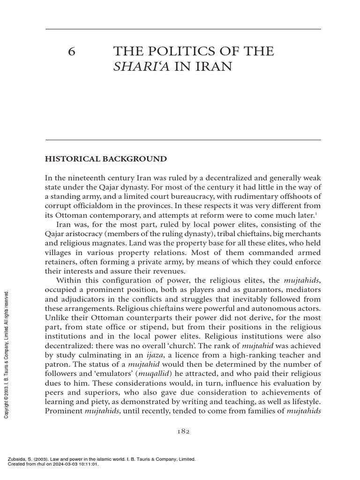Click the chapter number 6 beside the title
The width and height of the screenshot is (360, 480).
[71, 52]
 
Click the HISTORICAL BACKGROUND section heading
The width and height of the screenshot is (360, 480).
[105, 159]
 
